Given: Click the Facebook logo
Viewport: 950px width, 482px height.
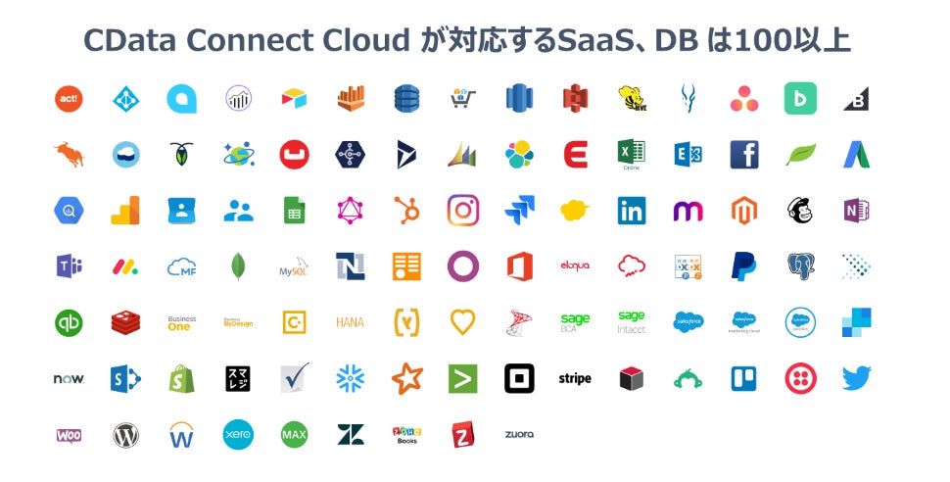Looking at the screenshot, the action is point(743,154).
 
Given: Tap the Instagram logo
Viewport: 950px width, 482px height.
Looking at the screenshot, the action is point(462,210).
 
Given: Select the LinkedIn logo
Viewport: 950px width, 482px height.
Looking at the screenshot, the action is point(631,210).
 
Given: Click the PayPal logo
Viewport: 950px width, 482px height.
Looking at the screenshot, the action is point(743,265).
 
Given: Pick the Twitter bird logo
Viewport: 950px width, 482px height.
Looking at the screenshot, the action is point(856,377).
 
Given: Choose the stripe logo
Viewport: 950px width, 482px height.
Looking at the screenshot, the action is point(575,378).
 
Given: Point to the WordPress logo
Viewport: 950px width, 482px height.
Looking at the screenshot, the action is point(125,434).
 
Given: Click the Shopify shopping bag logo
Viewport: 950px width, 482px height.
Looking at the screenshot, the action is point(181,378).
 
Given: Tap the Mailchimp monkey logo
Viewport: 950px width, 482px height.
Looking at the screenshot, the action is point(800,210).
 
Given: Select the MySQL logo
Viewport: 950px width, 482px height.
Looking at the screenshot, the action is point(294,266).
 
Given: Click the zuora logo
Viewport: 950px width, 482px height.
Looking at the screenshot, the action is point(519,434).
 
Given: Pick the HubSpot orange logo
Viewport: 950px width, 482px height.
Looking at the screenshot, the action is point(406,210).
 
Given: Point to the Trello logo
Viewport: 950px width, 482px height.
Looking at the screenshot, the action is point(743,378).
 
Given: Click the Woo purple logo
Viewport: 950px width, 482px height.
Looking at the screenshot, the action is point(69,434).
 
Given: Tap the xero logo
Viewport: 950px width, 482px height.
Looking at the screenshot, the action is point(238,434).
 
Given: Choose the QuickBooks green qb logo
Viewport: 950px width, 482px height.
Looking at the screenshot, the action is point(69,322).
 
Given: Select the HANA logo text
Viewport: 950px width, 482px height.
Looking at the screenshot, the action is point(350,322).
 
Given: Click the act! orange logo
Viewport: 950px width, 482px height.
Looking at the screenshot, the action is point(69,98).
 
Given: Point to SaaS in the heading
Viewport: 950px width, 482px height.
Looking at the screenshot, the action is point(590,41).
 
